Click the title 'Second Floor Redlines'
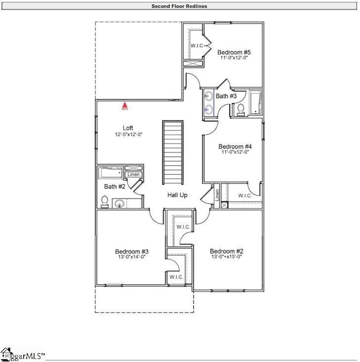point(179,6)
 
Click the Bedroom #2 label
point(227,251)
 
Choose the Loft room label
point(128,128)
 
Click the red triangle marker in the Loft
point(126,107)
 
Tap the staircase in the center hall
point(173,154)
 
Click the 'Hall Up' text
point(178,195)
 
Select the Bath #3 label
point(226,96)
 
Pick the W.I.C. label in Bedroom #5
point(198,45)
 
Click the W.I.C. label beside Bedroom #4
point(245,195)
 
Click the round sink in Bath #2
point(120,204)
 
